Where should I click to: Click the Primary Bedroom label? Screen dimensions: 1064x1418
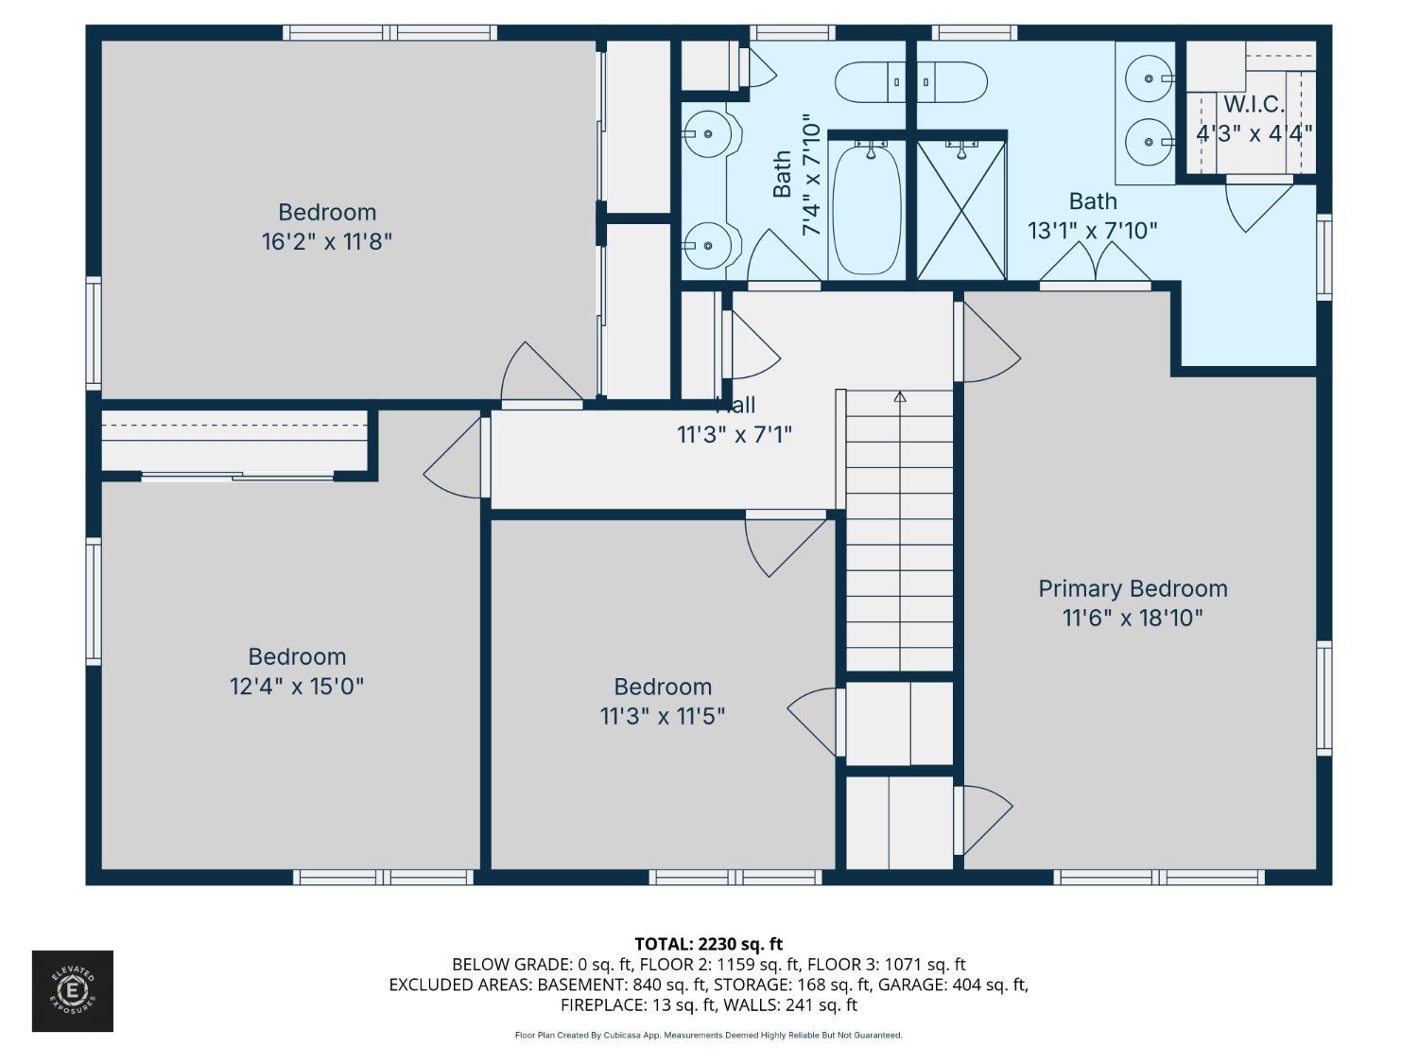1133,588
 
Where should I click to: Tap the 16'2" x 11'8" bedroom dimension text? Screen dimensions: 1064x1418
326,241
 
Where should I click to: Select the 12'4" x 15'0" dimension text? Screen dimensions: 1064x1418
296,686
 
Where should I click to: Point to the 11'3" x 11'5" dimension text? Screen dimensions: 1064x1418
662,716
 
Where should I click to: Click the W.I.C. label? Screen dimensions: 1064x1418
1254,104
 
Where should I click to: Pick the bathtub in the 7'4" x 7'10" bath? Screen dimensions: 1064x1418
866,208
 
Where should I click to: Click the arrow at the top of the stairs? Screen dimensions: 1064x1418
899,397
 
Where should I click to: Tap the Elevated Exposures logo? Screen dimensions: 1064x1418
73,991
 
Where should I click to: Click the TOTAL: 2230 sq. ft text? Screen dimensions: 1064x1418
708,943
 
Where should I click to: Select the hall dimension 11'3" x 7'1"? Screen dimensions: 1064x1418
734,434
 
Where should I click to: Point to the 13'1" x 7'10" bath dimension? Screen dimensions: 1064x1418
1092,230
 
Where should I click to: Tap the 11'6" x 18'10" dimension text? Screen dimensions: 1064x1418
1132,618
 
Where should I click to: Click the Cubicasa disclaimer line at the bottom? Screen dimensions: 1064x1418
708,1035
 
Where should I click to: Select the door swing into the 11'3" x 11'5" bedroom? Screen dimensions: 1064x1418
780,544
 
